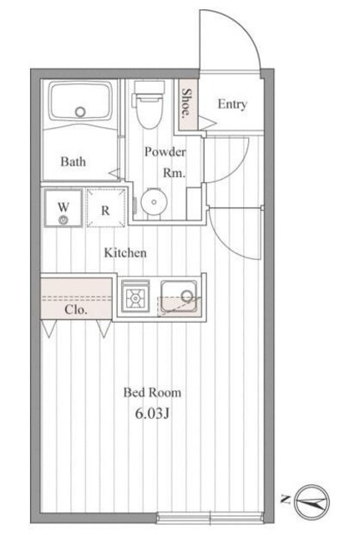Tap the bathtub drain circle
pos(80,111)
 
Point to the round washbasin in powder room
pos(152,202)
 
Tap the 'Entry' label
pos(231,104)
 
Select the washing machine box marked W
pos(63,209)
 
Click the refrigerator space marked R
pos(106,210)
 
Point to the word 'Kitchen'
pos(125,252)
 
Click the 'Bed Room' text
pos(152,391)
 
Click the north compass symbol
pos(313,502)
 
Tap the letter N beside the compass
pos(286,501)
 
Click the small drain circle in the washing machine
pos(63,220)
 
